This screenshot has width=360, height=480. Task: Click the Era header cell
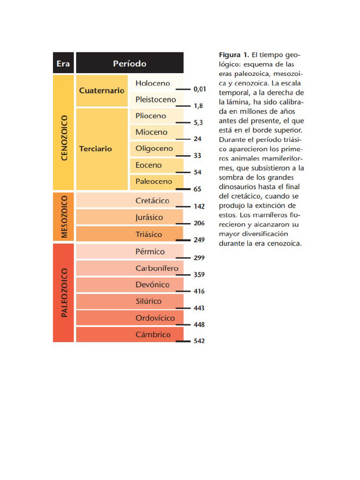(63, 63)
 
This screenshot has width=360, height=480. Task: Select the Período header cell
(129, 63)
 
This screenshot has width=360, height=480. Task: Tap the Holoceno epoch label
(153, 83)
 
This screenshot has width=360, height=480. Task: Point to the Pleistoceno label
(156, 99)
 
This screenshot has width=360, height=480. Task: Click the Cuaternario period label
(102, 90)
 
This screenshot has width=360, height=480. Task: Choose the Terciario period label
(96, 149)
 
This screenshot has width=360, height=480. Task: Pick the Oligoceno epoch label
(154, 149)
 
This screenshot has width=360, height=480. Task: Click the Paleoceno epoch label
(154, 181)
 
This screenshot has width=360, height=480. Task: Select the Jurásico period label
(149, 217)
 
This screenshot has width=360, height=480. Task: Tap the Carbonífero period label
(157, 269)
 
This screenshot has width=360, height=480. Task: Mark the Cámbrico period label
(153, 335)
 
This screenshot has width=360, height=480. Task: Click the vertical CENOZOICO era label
(65, 138)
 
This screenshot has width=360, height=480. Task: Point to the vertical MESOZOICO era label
(65, 217)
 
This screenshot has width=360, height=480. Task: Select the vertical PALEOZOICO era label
(65, 292)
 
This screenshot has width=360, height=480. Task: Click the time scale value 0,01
(200, 89)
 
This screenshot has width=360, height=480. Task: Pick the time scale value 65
(197, 189)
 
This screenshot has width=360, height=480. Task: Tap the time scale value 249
(199, 240)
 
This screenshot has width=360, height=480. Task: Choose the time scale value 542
(199, 341)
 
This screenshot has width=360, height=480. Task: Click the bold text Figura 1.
(234, 55)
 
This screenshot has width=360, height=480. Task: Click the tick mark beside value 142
(182, 206)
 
